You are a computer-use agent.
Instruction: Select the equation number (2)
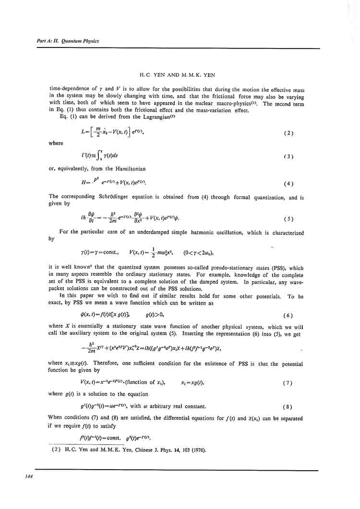(x=288, y=133)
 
